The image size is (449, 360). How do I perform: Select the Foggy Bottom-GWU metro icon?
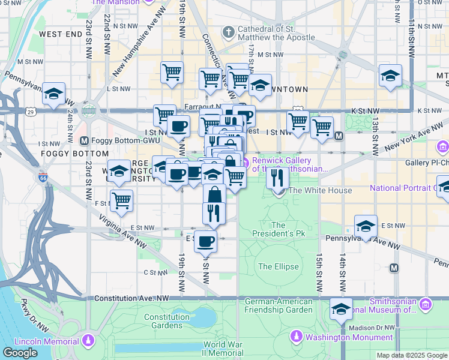tap(85, 141)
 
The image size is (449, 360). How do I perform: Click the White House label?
tap(320, 191)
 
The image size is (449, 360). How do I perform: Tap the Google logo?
tap(20, 353)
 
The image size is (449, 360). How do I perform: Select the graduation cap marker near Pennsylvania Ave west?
tap(54, 94)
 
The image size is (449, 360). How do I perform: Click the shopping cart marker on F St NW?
tap(121, 201)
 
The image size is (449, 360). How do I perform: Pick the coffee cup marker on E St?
tap(205, 241)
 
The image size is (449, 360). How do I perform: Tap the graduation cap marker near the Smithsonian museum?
tap(342, 310)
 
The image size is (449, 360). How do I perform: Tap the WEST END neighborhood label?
tap(61, 34)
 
